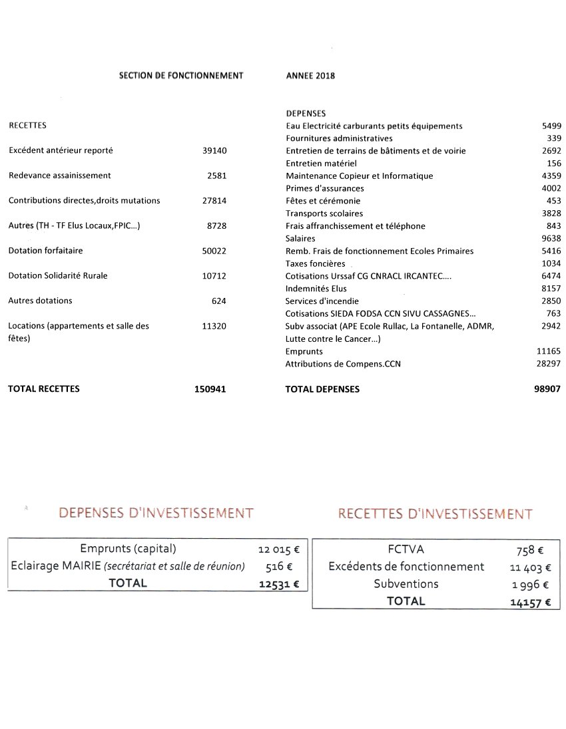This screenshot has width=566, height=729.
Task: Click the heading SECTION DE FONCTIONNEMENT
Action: coord(181,76)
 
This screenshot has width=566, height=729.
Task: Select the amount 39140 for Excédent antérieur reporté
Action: coord(214,151)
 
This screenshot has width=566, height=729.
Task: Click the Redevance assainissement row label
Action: coord(60,176)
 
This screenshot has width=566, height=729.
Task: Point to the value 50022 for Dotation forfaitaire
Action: coord(214,251)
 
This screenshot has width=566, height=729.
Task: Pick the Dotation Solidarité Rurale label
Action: coord(58,276)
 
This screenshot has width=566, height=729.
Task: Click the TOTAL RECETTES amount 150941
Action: coord(210,389)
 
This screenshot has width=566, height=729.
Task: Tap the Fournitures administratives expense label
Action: coord(339,138)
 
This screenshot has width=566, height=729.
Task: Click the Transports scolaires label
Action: coord(324,214)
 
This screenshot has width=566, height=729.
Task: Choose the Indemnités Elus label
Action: coord(316,289)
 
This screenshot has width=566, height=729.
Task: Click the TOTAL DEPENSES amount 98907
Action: coord(547,389)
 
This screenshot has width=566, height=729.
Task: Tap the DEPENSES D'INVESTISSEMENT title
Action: coord(156,513)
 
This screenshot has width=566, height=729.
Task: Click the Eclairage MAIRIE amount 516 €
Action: coord(279,566)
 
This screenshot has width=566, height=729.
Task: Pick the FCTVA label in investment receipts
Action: coord(406,549)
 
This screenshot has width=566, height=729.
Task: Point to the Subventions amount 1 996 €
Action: coord(531,585)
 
